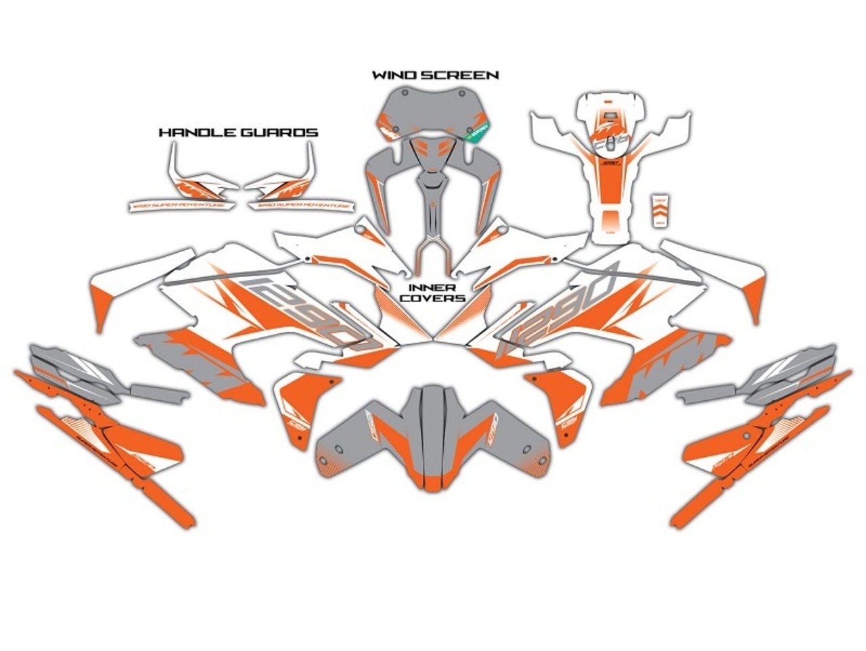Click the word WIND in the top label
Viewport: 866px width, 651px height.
(390, 75)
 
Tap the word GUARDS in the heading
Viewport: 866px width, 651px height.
(279, 132)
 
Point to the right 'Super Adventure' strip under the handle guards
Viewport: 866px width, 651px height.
(301, 204)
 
